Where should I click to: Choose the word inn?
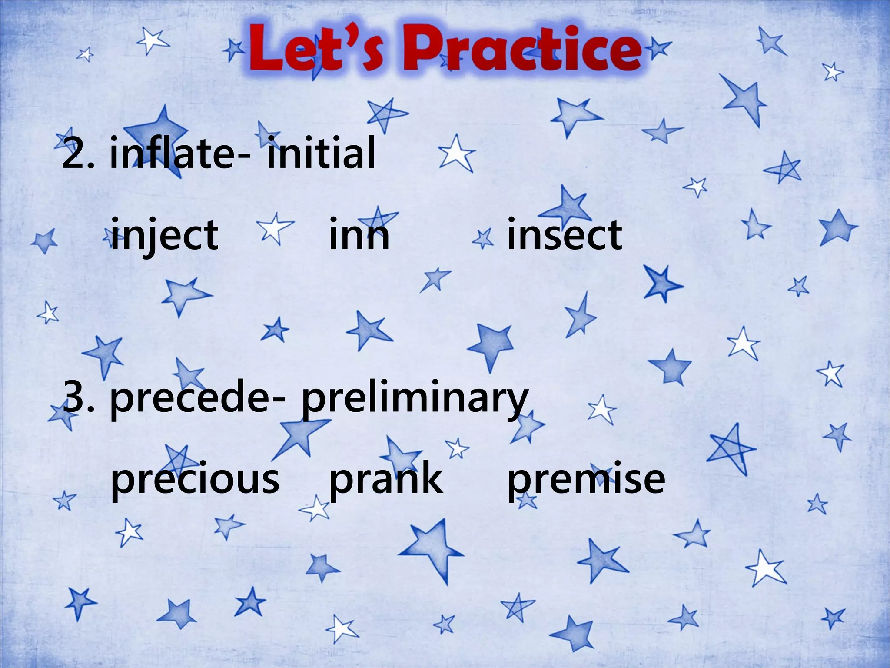coord(359,235)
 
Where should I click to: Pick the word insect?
coord(564,235)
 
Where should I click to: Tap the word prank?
coord(386,478)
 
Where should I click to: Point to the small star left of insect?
coord(483,239)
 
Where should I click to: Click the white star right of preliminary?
coord(602,410)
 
